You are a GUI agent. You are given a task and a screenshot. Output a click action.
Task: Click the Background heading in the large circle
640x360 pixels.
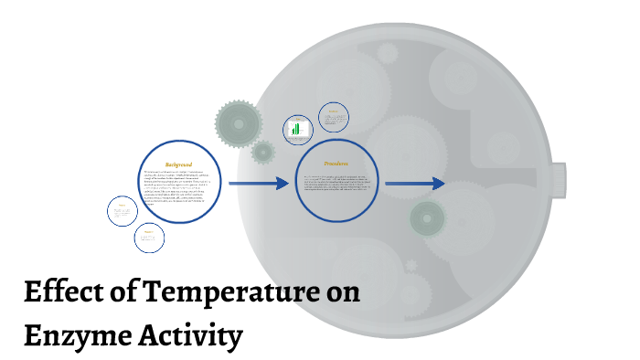[179, 164]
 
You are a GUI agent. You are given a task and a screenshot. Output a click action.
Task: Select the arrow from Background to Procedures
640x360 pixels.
[259, 184]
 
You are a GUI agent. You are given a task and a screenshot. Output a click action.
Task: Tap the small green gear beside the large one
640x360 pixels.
[263, 152]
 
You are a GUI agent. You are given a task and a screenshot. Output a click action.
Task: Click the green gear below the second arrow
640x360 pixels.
[427, 217]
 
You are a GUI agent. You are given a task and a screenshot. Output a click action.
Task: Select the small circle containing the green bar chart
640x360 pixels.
[297, 130]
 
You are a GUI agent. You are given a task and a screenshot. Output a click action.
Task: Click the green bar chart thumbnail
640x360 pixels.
[296, 131]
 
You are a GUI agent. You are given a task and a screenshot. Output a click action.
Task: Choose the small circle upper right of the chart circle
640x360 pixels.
[334, 118]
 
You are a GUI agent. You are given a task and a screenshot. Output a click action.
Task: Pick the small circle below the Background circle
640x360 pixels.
[149, 238]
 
